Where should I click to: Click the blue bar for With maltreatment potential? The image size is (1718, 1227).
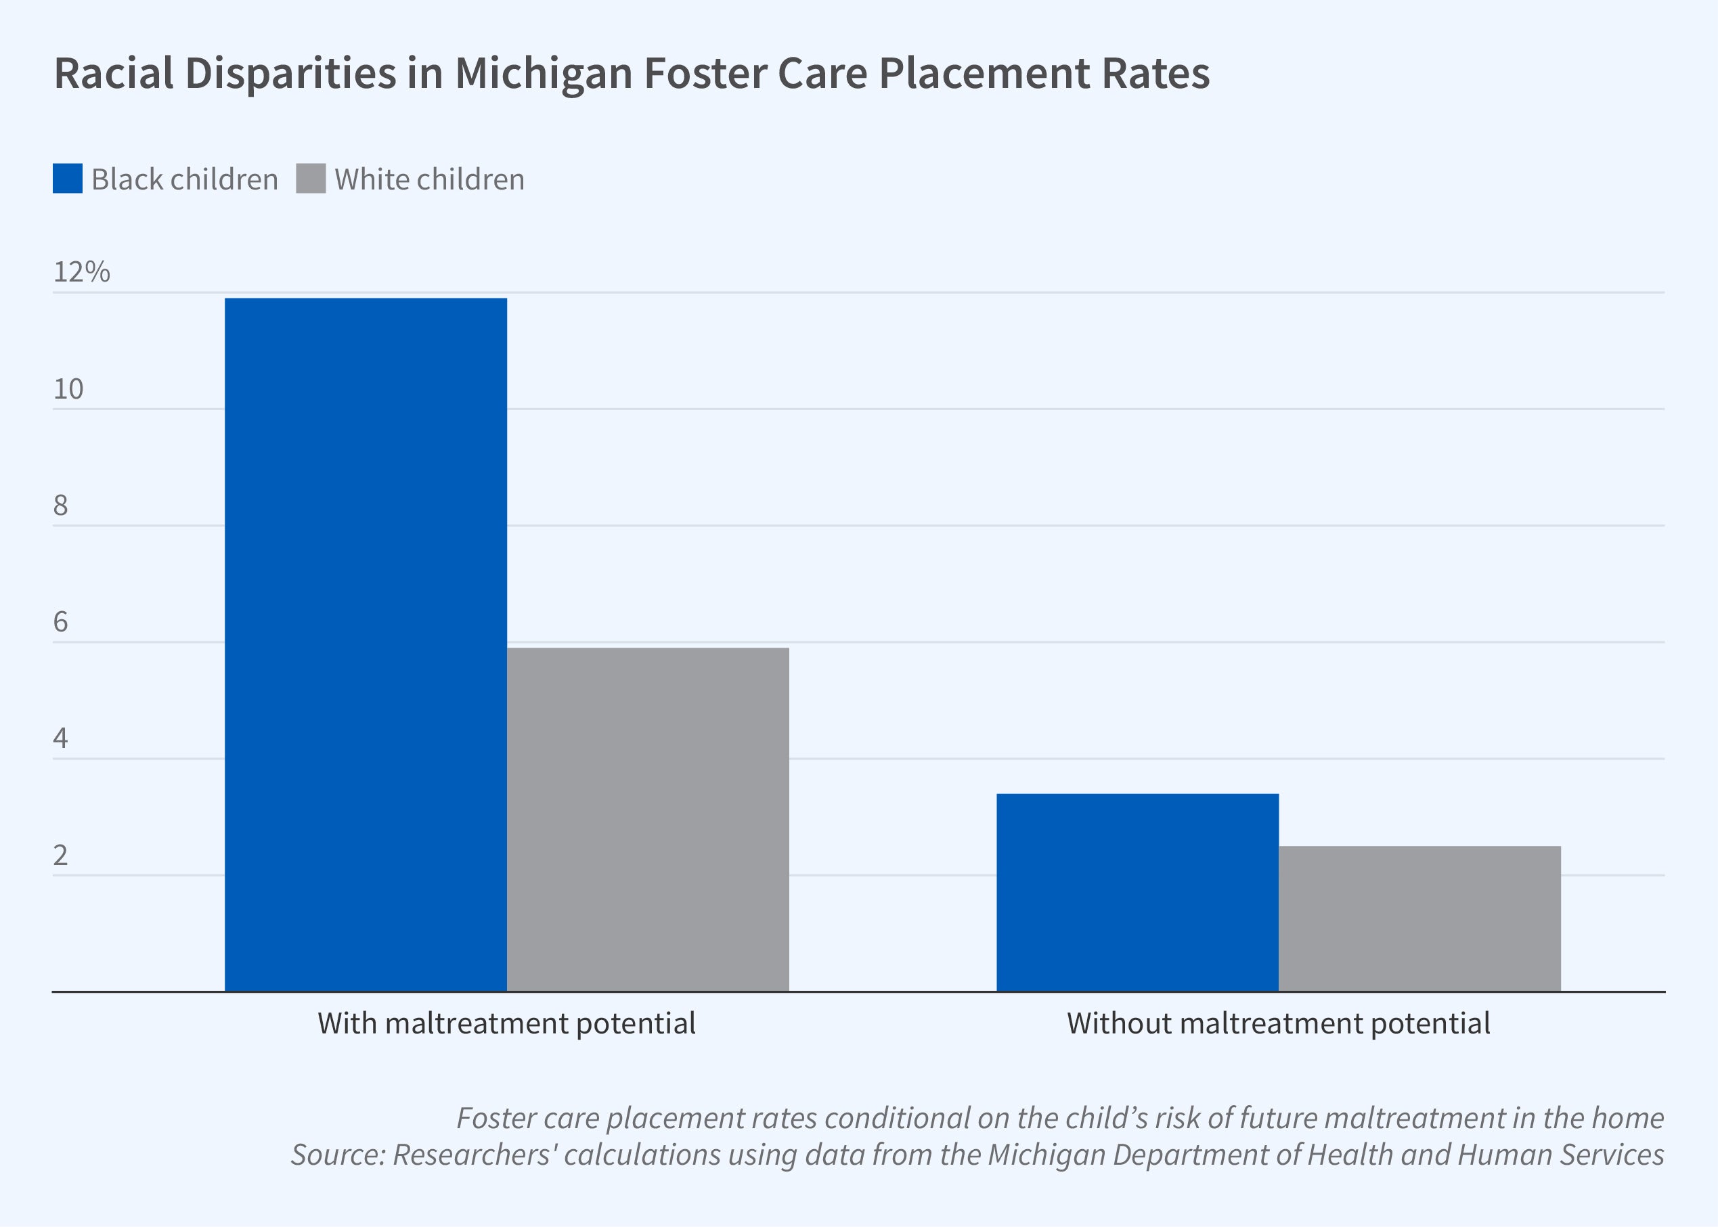pos(366,644)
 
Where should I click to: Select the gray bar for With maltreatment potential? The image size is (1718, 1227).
pos(647,819)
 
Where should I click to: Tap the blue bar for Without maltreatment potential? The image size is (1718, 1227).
pos(1137,891)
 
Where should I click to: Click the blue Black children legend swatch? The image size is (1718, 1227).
pos(67,179)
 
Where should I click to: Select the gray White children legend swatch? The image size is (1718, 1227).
pos(311,179)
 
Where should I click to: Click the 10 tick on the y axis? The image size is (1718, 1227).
pos(68,389)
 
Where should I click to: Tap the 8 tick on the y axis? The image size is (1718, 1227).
pos(60,506)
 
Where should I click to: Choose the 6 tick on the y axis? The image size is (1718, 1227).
pos(60,622)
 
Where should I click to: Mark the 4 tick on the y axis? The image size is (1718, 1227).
pos(60,738)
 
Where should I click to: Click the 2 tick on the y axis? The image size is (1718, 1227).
pos(60,855)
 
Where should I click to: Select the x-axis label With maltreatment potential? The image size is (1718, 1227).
pos(506,1024)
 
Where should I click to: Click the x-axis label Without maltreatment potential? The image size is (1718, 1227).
pos(1278,1024)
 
